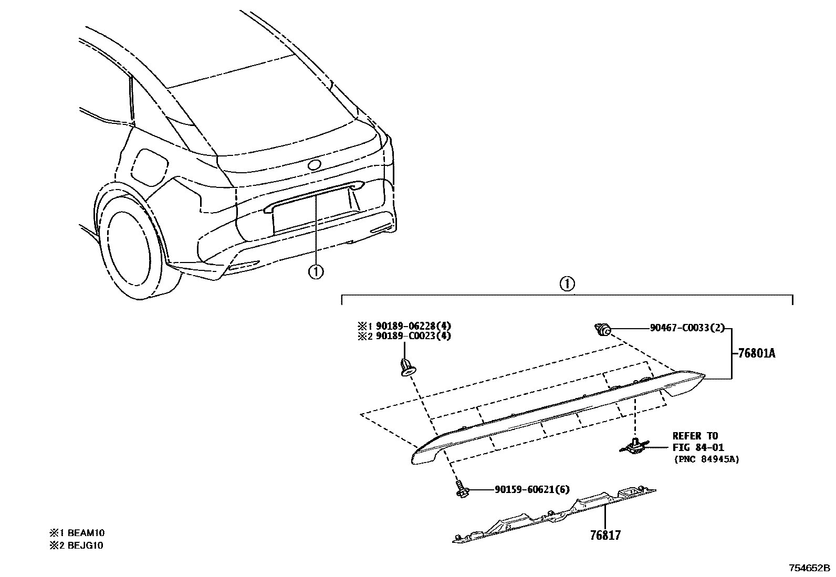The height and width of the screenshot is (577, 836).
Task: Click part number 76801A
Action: [x=757, y=353]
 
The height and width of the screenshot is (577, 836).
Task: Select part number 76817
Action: [x=605, y=536]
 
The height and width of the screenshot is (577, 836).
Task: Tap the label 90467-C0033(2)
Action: [x=687, y=328]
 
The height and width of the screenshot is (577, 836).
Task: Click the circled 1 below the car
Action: [x=316, y=271]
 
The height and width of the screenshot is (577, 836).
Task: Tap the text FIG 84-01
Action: [x=698, y=447]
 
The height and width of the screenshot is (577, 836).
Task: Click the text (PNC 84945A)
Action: [x=706, y=459]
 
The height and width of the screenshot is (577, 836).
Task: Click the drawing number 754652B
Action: [x=809, y=568]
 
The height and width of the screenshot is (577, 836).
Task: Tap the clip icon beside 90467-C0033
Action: [x=602, y=330]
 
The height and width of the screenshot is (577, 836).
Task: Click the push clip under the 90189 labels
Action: [x=405, y=366]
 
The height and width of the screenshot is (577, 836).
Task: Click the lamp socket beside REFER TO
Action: [x=635, y=447]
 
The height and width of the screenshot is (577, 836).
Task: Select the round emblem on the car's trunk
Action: [x=315, y=165]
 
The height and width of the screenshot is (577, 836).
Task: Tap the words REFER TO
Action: [x=695, y=436]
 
